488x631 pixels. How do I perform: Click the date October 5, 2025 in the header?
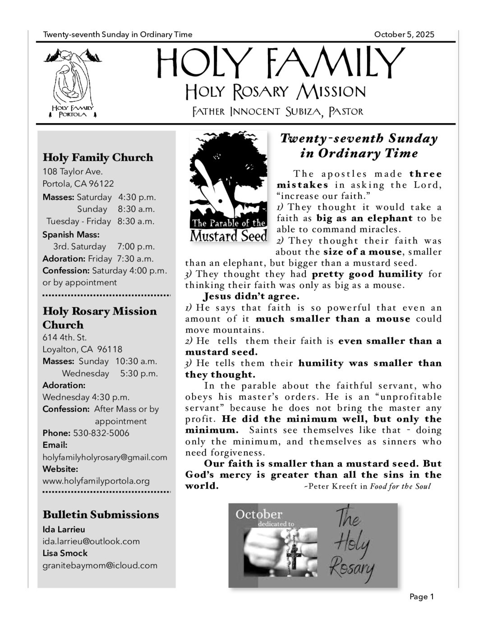point(404,35)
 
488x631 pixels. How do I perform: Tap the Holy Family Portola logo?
point(73,83)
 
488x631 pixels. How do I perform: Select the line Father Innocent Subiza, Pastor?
point(277,111)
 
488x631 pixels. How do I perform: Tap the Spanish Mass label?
point(71,234)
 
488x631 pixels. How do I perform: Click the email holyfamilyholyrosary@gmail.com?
point(105,457)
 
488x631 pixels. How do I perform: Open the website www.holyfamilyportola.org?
point(96,481)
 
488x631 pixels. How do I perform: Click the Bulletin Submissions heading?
point(101,515)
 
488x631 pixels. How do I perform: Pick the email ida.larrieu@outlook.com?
point(91,541)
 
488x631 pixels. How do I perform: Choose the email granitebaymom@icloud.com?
point(100,565)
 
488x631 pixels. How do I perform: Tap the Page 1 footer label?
point(421,597)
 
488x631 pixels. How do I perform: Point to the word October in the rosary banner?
point(259,514)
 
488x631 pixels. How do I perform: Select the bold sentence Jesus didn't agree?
point(251,297)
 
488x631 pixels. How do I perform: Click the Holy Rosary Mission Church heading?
point(100,318)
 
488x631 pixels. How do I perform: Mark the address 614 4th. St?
point(64,338)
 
